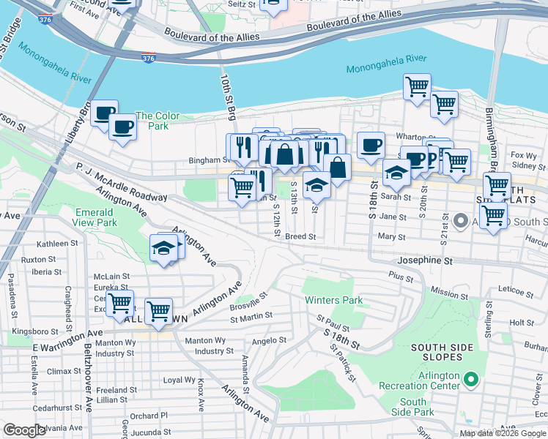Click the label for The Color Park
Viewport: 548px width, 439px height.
tap(152, 121)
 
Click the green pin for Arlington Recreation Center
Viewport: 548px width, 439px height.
tap(471, 380)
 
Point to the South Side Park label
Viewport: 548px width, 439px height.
tap(413, 408)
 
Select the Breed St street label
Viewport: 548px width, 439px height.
tap(300, 237)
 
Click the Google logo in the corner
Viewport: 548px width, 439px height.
tap(24, 430)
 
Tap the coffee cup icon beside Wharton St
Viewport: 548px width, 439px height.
tap(371, 144)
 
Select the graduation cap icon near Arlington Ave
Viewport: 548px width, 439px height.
tap(163, 248)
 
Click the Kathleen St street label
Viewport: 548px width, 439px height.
tap(59, 244)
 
